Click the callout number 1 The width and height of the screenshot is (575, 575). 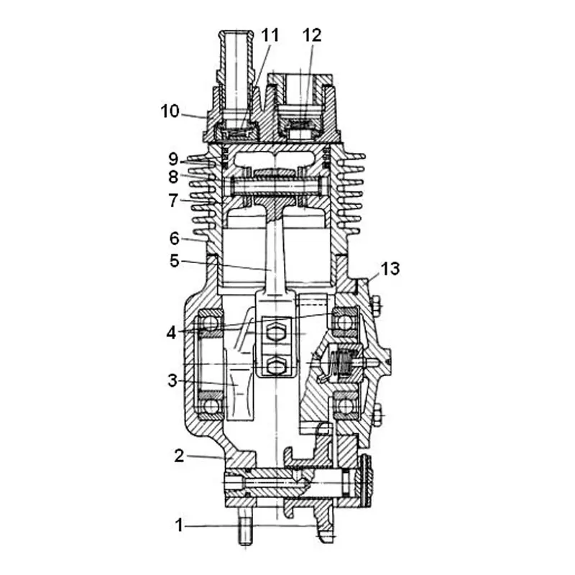179,525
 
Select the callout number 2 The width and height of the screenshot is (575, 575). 179,456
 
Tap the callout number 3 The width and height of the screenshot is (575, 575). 172,381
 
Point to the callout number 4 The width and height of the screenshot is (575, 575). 171,333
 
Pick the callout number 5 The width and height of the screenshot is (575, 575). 175,261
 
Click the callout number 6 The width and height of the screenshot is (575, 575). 175,239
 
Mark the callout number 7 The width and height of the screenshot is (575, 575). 173,201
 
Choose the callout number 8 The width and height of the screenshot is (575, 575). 173,177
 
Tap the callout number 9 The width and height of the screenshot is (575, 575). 173,159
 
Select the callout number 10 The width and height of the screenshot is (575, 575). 170,111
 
